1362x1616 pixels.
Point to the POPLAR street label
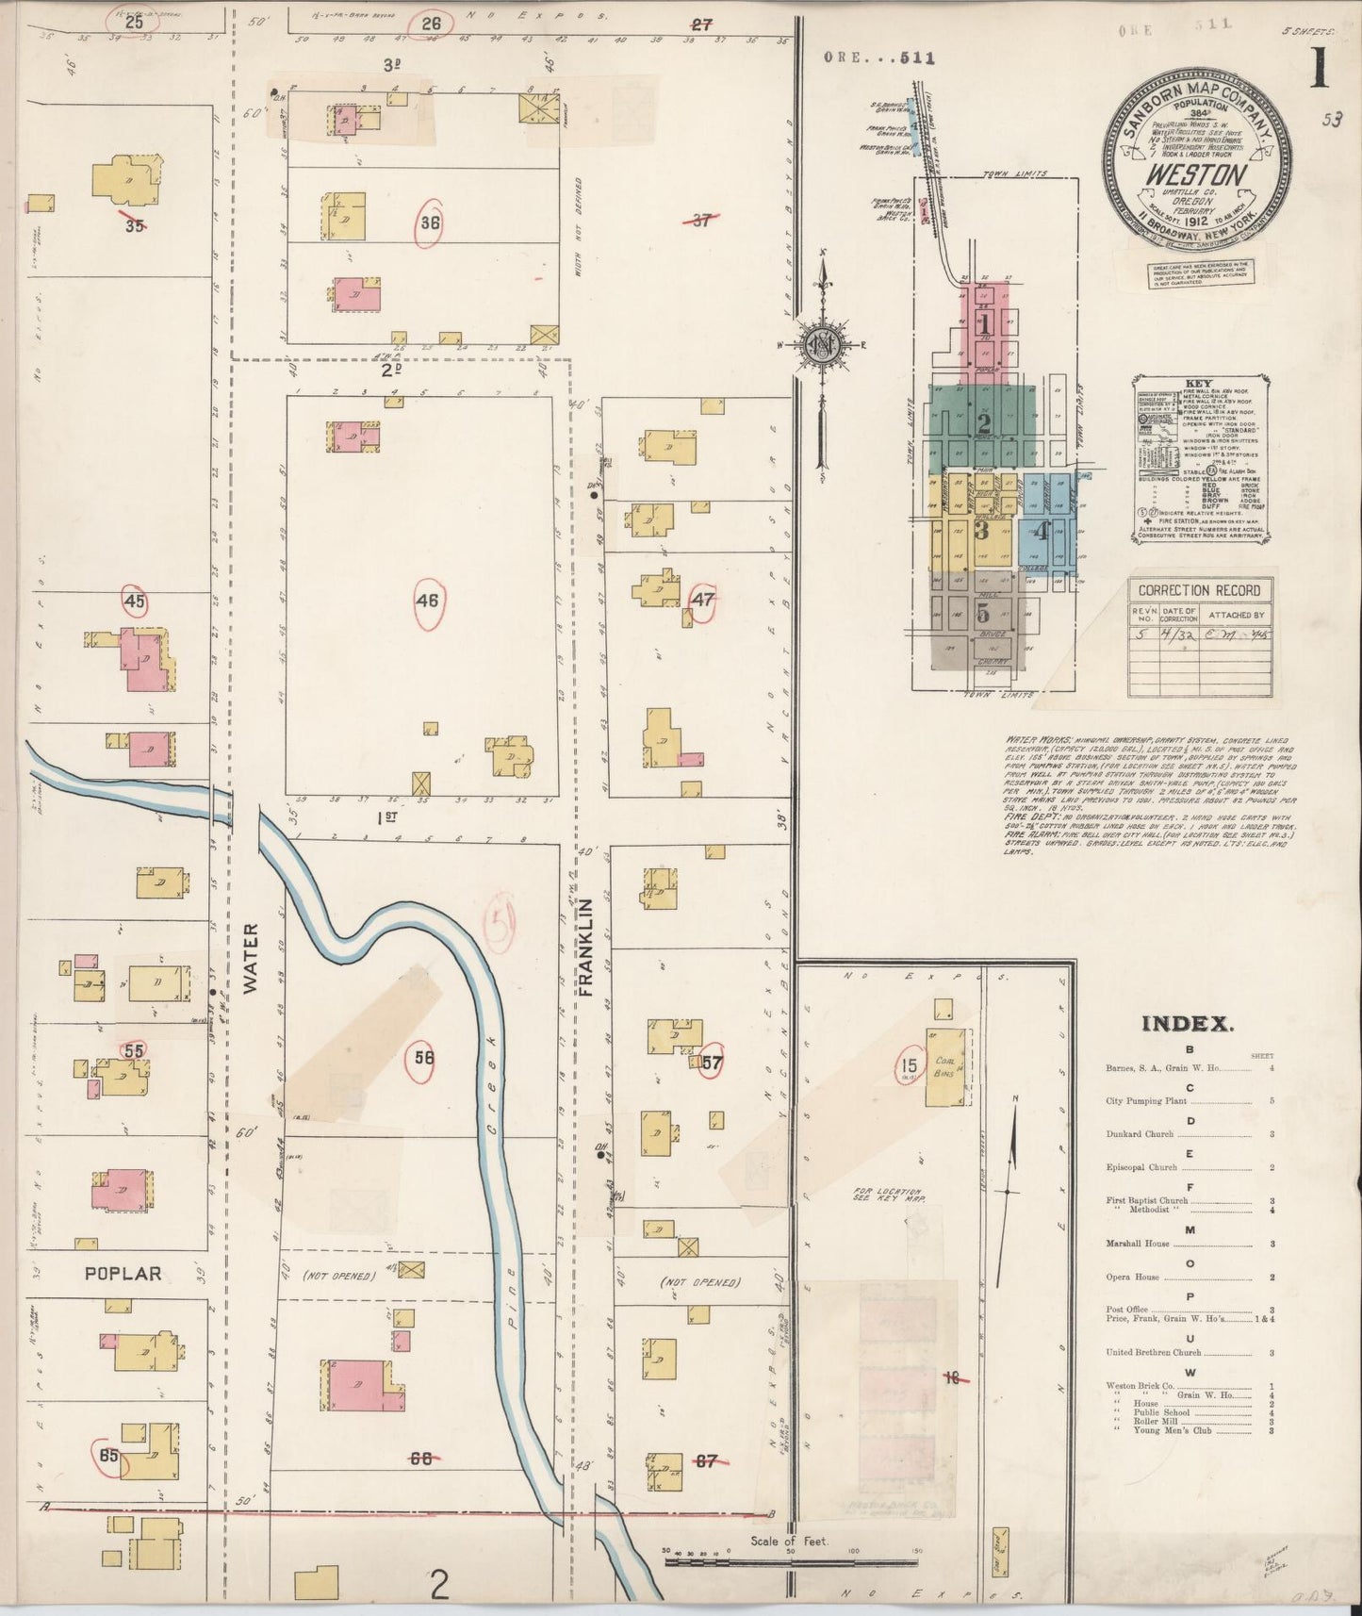click(123, 1274)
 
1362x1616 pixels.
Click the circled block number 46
click(428, 599)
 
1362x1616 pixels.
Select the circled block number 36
click(430, 223)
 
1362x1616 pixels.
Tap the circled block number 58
click(424, 1058)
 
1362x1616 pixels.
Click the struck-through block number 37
click(700, 221)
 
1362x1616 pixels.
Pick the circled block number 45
click(134, 600)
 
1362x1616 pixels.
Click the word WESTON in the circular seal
click(1194, 175)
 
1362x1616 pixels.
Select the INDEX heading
click(1187, 1024)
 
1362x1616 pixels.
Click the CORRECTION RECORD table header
click(1200, 590)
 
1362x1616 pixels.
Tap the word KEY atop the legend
click(1198, 385)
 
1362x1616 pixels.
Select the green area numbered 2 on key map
click(983, 423)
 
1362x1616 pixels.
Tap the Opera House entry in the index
click(1132, 1278)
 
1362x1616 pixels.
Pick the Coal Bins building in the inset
click(947, 1072)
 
